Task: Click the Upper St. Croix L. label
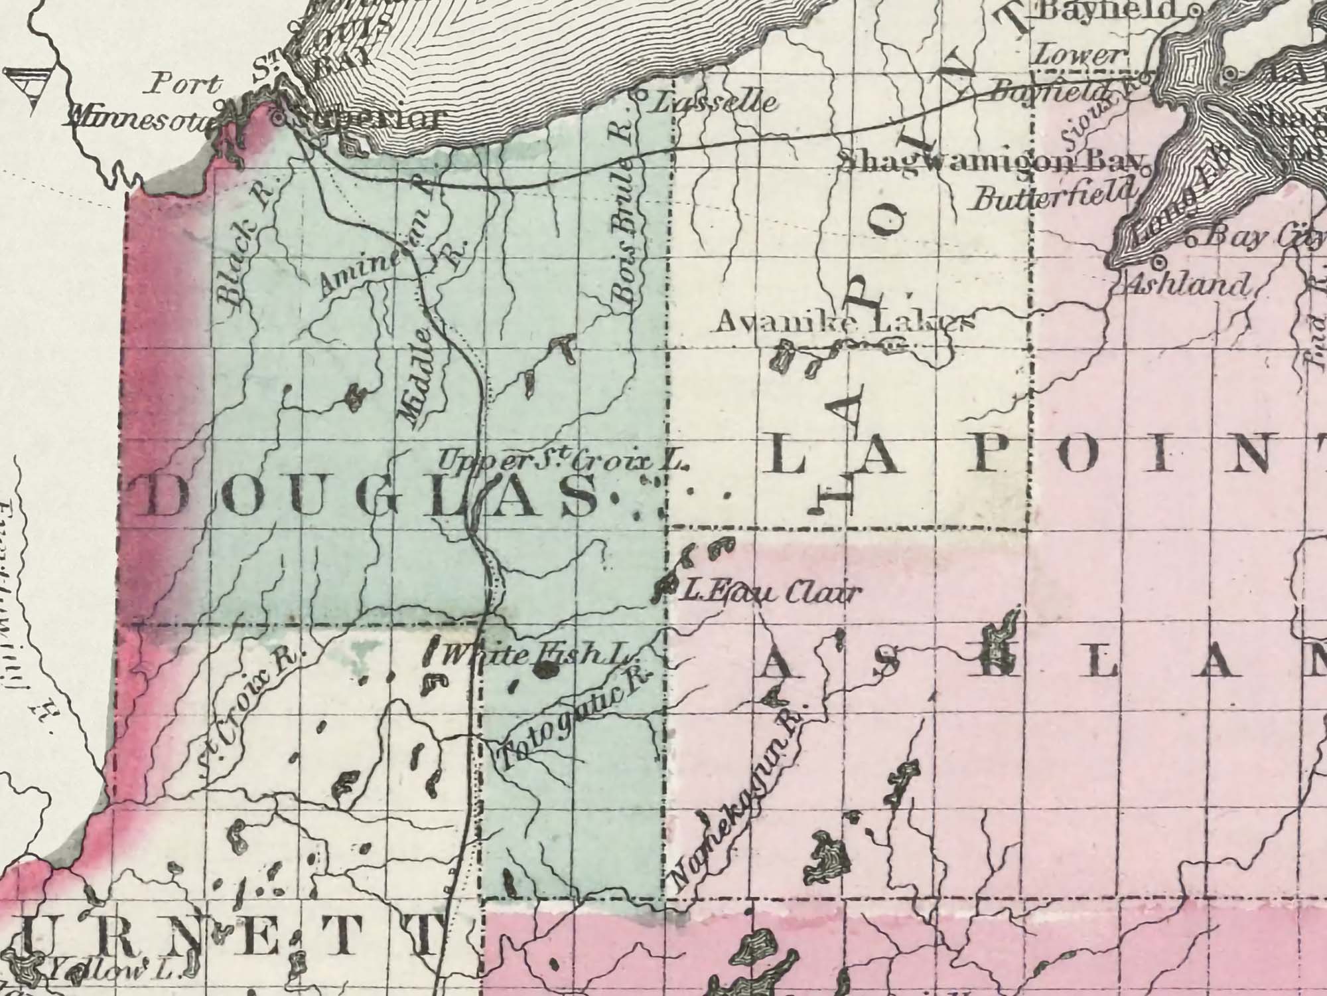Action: point(564,460)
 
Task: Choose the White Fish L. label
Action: point(534,656)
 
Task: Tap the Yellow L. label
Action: point(109,971)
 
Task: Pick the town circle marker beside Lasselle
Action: point(642,94)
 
